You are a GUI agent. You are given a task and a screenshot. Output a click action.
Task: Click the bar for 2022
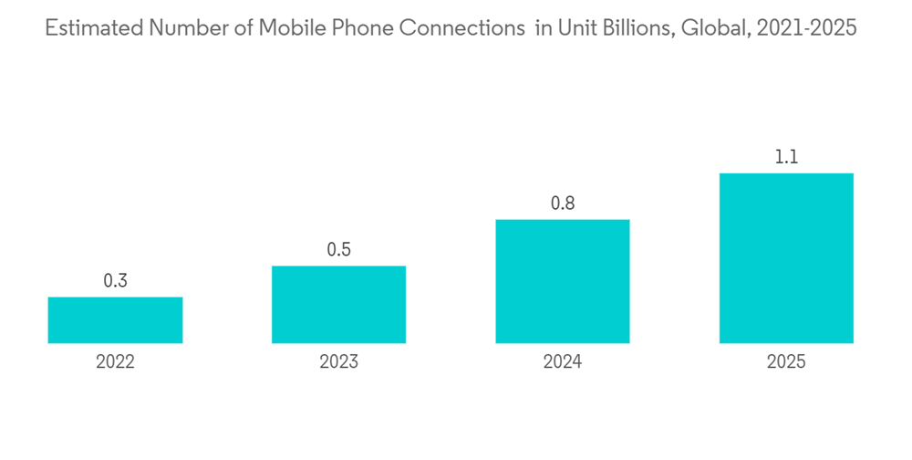(115, 320)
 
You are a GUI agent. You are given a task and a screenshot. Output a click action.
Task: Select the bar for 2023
(338, 305)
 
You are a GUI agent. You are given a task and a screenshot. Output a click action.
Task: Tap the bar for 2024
(563, 281)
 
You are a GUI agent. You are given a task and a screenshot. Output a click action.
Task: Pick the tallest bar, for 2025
(786, 258)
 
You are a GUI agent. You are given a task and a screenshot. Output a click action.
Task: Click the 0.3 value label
(115, 281)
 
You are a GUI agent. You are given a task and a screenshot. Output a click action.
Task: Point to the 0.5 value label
(338, 250)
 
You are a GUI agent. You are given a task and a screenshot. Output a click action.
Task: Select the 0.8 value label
(563, 204)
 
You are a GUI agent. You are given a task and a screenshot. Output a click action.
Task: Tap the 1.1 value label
(786, 157)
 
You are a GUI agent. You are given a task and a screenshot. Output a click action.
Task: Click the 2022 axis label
(115, 362)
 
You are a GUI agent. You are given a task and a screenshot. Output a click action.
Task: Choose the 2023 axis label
(338, 362)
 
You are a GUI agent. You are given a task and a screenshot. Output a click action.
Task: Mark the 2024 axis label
(563, 362)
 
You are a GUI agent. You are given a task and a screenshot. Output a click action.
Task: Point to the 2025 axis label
(786, 362)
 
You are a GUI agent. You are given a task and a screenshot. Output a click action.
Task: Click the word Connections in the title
(461, 28)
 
